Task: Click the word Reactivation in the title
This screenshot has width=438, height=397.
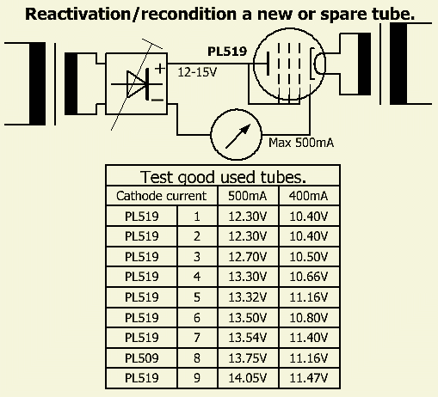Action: tap(77, 14)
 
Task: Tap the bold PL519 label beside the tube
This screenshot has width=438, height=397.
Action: tap(227, 52)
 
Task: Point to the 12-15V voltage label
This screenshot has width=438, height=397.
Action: tap(197, 72)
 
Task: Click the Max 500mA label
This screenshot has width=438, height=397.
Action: tap(301, 143)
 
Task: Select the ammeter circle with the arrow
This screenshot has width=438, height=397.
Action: tap(236, 134)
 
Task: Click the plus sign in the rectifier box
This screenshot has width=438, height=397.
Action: tap(160, 69)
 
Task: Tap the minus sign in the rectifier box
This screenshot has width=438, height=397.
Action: tap(157, 100)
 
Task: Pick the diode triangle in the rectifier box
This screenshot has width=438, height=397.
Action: tap(136, 84)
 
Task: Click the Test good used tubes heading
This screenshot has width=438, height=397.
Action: tap(223, 177)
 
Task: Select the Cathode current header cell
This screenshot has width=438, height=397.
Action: tap(161, 196)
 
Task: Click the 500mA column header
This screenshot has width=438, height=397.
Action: tap(248, 196)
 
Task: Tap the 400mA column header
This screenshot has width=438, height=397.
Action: tap(308, 196)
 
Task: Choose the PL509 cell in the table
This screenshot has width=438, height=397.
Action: tap(142, 358)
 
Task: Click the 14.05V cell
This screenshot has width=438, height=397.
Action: tap(248, 378)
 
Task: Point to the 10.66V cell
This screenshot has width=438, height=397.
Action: tap(308, 277)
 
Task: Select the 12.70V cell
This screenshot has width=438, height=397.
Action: tap(248, 257)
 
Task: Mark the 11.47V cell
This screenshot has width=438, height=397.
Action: tap(308, 378)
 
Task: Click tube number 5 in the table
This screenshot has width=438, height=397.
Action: tap(197, 297)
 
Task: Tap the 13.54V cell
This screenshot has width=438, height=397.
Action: tap(248, 338)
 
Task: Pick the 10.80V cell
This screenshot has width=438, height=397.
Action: tap(308, 318)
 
